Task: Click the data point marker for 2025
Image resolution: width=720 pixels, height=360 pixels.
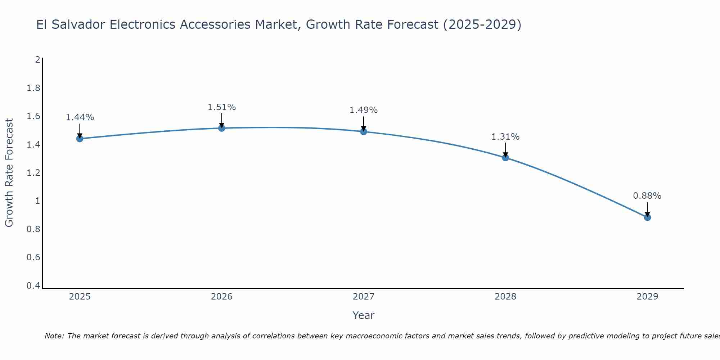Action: (80, 139)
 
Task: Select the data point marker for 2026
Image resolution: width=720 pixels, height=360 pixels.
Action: (222, 128)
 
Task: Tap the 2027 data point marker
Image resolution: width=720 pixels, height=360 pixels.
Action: (364, 131)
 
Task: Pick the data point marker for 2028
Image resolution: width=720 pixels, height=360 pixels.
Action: (505, 157)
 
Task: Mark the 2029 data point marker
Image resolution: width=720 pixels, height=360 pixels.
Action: (647, 217)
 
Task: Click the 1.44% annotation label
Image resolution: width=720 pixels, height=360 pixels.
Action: (80, 117)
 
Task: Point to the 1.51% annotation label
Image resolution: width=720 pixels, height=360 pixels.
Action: (222, 107)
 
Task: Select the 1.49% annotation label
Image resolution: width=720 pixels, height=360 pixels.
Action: (364, 110)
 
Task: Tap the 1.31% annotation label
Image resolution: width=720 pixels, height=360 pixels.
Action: (505, 137)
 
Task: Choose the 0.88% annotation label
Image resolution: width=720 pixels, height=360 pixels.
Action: (647, 196)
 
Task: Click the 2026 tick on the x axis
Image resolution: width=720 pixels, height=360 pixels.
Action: (222, 297)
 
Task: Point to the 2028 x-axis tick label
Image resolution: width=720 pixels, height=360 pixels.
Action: (505, 297)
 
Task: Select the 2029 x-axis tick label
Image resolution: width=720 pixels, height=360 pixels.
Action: (647, 297)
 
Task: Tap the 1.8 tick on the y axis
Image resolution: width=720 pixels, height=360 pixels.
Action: (33, 88)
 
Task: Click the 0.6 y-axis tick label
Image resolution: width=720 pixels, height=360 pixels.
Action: (33, 257)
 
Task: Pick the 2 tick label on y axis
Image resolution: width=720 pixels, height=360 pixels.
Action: (37, 60)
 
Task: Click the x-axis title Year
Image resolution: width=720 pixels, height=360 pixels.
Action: (364, 315)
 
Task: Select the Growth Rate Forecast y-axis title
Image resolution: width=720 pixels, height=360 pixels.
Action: (9, 173)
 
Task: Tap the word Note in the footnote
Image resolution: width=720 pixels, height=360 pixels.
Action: (54, 336)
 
